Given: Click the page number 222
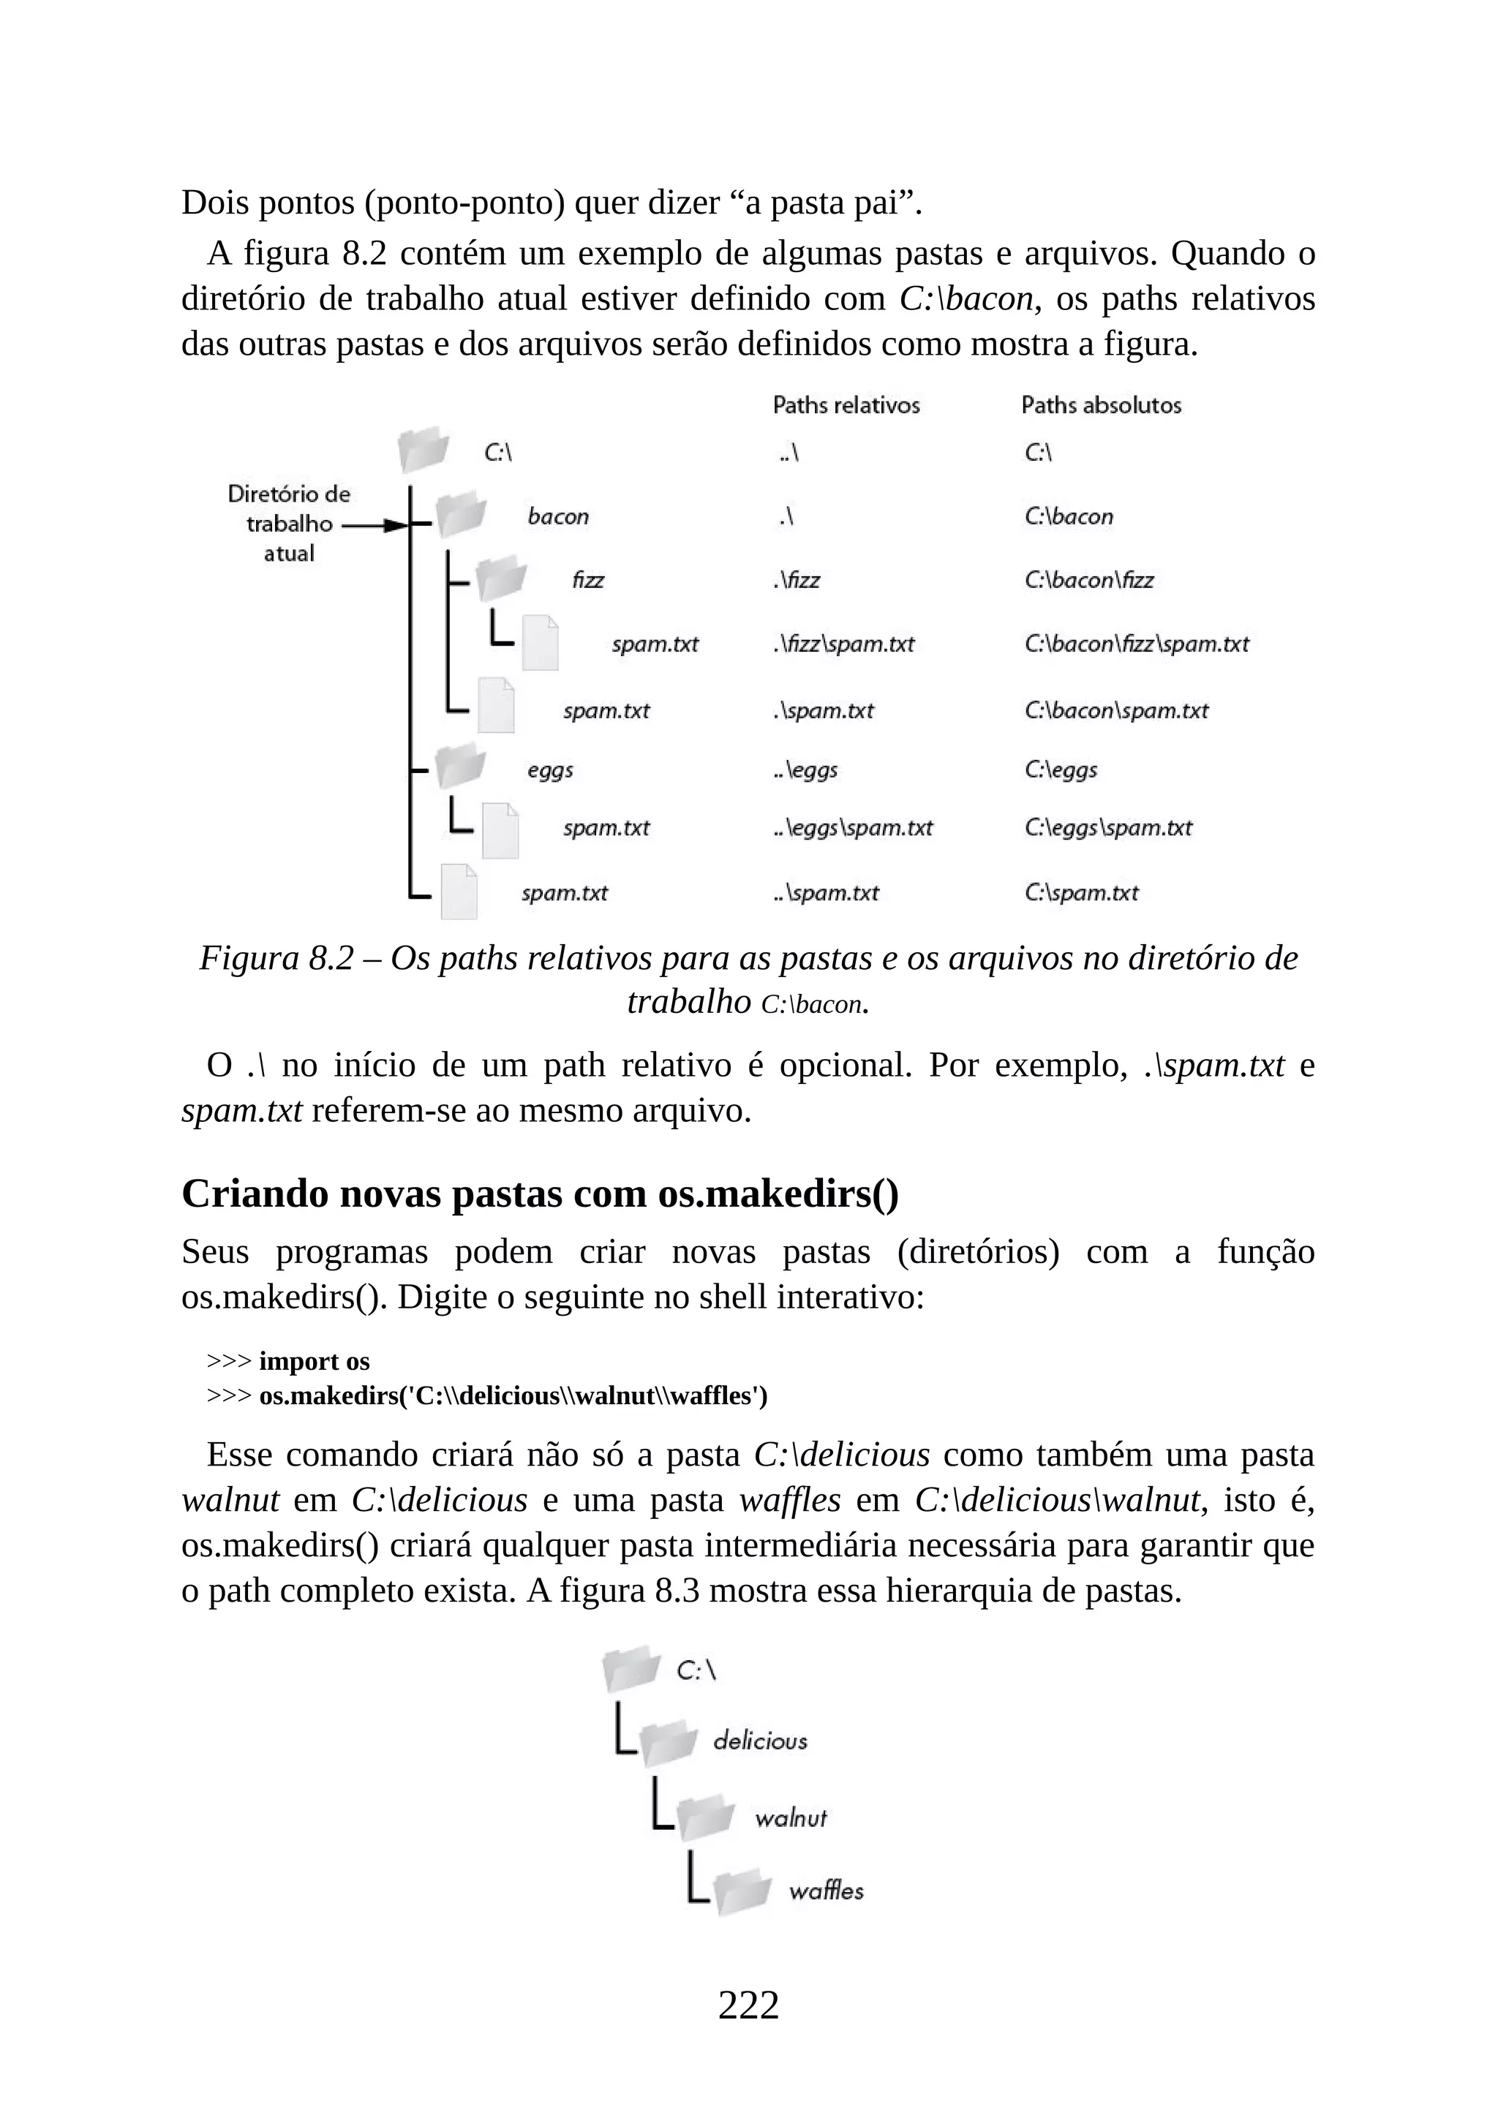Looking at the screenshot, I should click(x=748, y=2005).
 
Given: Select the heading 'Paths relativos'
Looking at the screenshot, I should click(x=846, y=405).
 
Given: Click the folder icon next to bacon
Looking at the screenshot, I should click(x=460, y=515).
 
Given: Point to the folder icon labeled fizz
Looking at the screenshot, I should click(x=501, y=579).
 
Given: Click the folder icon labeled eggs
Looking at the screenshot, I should click(x=459, y=766).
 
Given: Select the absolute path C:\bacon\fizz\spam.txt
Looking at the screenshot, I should click(x=1137, y=644).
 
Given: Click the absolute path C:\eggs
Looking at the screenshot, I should click(x=1061, y=769).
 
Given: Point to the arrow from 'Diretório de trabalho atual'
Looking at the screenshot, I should click(x=374, y=526).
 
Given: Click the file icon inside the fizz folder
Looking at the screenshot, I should click(x=540, y=642).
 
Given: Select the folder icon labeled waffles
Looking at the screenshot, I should click(x=742, y=1892).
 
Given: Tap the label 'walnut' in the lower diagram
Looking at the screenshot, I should click(x=791, y=1817).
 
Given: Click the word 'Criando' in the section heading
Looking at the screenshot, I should click(x=255, y=1193).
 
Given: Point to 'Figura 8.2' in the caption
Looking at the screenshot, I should click(x=276, y=959).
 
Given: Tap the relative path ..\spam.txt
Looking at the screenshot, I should click(x=827, y=893).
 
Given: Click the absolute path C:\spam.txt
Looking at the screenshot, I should click(x=1081, y=893).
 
